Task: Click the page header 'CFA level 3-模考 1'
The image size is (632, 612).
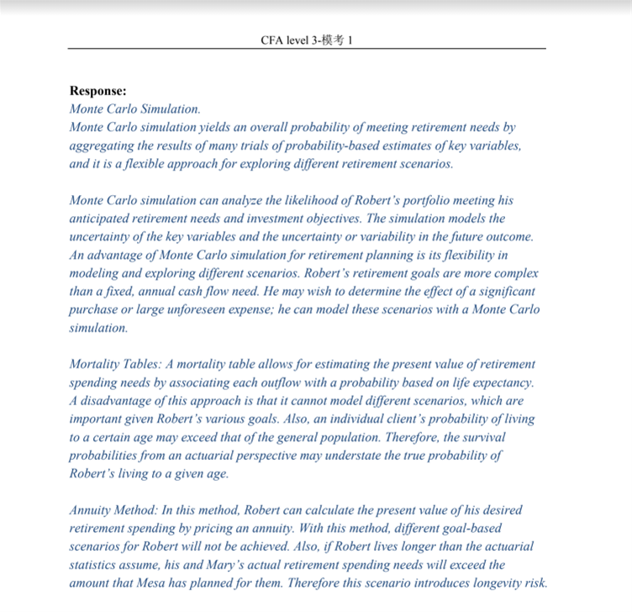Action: pyautogui.click(x=306, y=40)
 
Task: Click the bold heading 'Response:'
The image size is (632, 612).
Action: pyautogui.click(x=98, y=91)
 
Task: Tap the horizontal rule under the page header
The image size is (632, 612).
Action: pyautogui.click(x=306, y=49)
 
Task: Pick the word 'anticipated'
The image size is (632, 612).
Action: pyautogui.click(x=103, y=219)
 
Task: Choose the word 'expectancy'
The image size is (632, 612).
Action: pyautogui.click(x=501, y=382)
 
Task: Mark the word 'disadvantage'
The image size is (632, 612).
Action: pyautogui.click(x=118, y=401)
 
